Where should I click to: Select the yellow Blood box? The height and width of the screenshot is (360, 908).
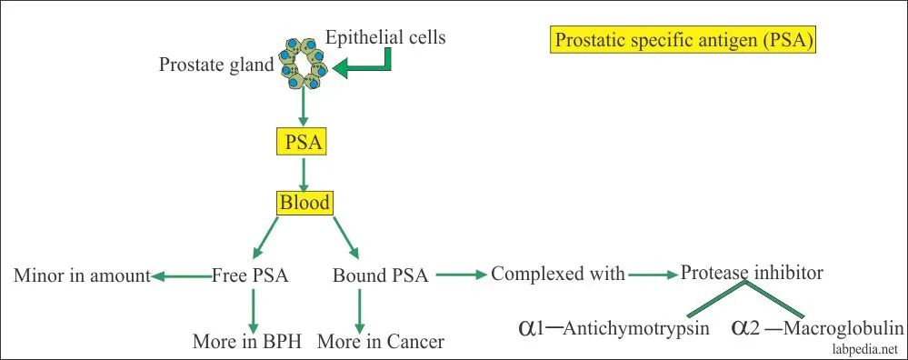(304, 203)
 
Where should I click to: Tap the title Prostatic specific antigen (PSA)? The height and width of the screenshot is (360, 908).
(683, 41)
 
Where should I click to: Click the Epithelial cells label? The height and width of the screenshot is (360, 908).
(385, 37)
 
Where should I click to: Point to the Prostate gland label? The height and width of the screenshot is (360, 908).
(216, 65)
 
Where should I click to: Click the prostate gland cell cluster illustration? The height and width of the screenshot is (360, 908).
(303, 65)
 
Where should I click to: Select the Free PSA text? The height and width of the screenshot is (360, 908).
(250, 275)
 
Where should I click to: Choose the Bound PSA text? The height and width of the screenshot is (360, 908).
(381, 275)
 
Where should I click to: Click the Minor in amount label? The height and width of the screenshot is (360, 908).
(82, 275)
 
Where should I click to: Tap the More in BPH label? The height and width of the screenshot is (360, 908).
(247, 342)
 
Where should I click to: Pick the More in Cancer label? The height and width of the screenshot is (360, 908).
(381, 342)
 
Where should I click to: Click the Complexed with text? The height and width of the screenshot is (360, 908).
(558, 274)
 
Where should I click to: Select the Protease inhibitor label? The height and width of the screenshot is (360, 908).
(752, 272)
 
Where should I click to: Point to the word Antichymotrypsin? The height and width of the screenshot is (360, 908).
(636, 329)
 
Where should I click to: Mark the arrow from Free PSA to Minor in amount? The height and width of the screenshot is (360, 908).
(181, 277)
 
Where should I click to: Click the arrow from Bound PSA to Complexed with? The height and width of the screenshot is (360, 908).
(462, 275)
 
